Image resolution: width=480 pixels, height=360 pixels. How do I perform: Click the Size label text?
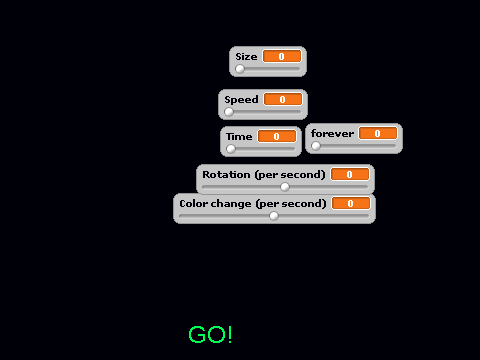pyautogui.click(x=246, y=57)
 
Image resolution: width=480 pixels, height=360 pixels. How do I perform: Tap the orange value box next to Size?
pyautogui.click(x=282, y=56)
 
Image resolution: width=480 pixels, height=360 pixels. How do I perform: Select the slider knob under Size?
pyautogui.click(x=240, y=69)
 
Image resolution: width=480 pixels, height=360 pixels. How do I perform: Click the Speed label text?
pyautogui.click(x=241, y=100)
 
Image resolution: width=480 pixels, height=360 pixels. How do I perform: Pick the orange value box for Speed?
pyautogui.click(x=283, y=99)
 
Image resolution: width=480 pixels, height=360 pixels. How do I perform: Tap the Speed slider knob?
pyautogui.click(x=229, y=112)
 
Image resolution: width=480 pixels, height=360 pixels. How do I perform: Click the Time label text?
pyautogui.click(x=239, y=137)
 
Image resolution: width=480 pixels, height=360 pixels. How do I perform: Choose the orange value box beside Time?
pyautogui.click(x=277, y=136)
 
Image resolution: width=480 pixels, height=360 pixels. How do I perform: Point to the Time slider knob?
pyautogui.click(x=231, y=149)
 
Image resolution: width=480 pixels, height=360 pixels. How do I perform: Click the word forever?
pyautogui.click(x=332, y=134)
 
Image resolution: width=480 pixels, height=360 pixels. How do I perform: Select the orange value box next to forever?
pyautogui.click(x=378, y=133)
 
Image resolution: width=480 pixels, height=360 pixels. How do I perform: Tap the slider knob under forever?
pyautogui.click(x=316, y=146)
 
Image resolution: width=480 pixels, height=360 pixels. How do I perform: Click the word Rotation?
pyautogui.click(x=226, y=175)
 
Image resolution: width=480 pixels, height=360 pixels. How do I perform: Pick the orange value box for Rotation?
pyautogui.click(x=350, y=174)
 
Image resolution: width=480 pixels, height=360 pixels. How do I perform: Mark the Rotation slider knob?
pyautogui.click(x=285, y=187)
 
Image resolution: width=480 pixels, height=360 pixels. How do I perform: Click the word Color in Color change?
pyautogui.click(x=192, y=204)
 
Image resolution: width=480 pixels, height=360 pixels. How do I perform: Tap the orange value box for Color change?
pyautogui.click(x=351, y=203)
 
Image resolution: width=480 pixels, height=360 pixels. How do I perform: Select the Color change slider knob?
pyautogui.click(x=274, y=216)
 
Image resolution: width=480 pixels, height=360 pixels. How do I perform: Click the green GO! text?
pyautogui.click(x=210, y=334)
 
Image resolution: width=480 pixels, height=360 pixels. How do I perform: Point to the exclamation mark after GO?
pyautogui.click(x=229, y=334)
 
